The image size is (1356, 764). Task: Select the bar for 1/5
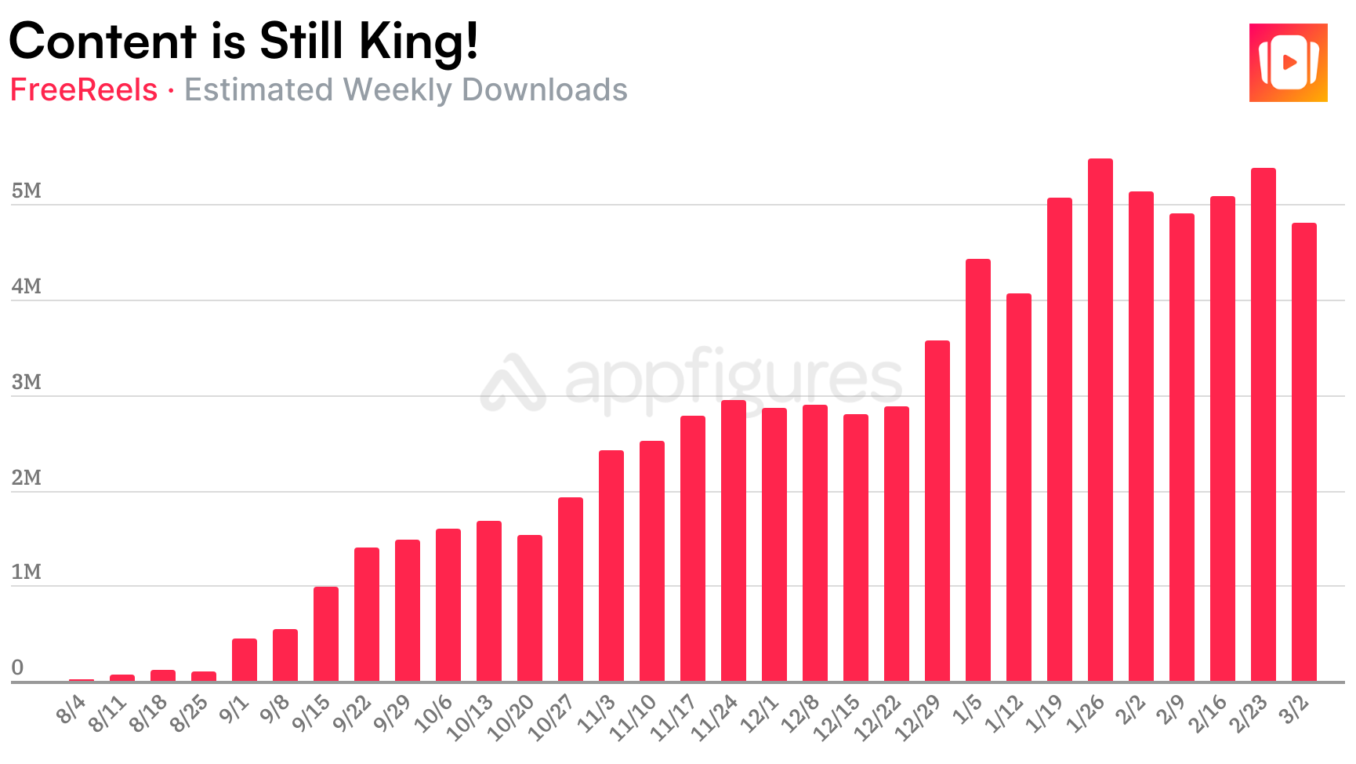(977, 470)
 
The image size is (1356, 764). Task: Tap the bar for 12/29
(937, 511)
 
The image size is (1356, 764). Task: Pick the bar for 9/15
(325, 634)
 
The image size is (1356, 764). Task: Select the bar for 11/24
(733, 540)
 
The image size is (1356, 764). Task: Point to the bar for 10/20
(529, 608)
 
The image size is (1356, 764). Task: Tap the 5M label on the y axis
(26, 191)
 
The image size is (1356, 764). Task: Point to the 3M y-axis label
(26, 382)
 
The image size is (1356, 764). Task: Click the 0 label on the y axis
(17, 668)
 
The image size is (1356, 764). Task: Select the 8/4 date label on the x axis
(71, 710)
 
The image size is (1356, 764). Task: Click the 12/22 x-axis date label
(878, 718)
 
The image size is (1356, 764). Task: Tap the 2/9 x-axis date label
(1171, 710)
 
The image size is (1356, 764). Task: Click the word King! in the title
(419, 42)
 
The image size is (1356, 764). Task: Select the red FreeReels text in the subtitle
(84, 90)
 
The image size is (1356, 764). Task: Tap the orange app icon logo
(1288, 63)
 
